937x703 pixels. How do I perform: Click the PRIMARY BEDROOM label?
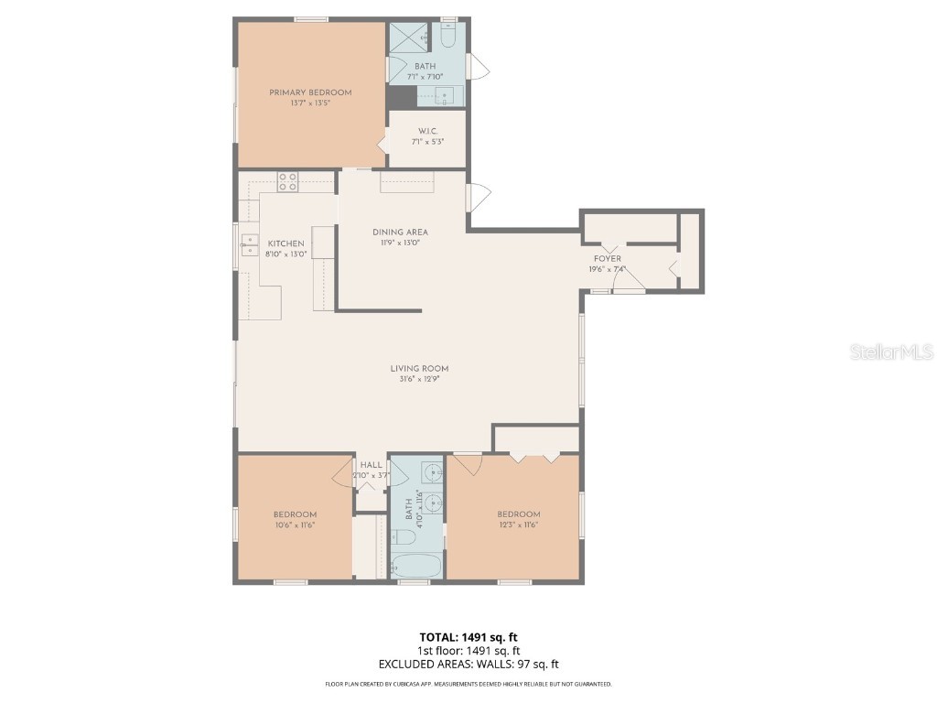(310, 92)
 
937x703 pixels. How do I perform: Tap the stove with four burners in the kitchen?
(287, 182)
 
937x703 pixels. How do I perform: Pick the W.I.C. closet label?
(425, 132)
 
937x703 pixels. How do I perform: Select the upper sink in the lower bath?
(431, 473)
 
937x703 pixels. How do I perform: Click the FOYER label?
(609, 259)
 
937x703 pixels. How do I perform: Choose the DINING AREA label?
(400, 233)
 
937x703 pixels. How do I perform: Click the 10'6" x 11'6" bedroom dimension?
(295, 525)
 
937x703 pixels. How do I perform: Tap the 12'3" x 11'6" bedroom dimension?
(518, 525)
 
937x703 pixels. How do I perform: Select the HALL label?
(371, 465)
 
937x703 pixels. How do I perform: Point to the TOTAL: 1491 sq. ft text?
(468, 636)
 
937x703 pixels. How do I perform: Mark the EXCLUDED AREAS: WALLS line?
(468, 664)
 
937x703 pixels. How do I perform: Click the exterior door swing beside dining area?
(479, 195)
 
